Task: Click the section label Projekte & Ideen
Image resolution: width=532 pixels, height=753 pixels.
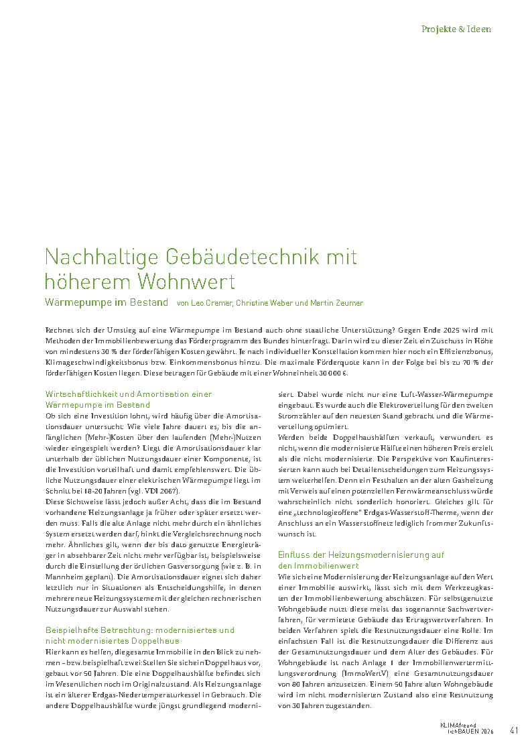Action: click(x=456, y=30)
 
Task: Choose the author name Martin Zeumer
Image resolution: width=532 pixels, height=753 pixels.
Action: click(x=337, y=303)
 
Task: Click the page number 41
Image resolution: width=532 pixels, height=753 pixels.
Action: click(x=515, y=730)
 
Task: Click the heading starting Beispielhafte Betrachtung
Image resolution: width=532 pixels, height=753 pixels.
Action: click(x=139, y=635)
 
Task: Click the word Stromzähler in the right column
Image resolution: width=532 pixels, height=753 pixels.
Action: click(x=297, y=416)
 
